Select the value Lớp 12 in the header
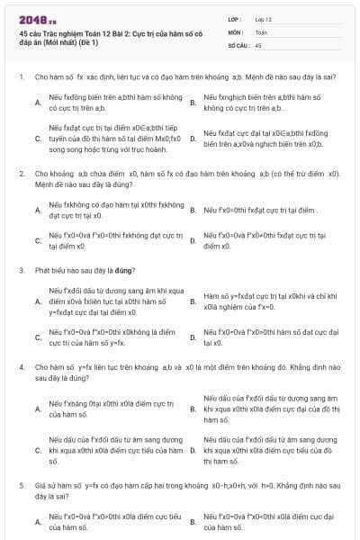pyautogui.click(x=263, y=18)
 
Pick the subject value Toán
pyautogui.click(x=261, y=31)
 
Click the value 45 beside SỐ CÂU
pyautogui.click(x=258, y=43)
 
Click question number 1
pyautogui.click(x=21, y=77)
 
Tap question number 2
pyautogui.click(x=21, y=172)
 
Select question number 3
pyautogui.click(x=21, y=268)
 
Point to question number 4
pyautogui.click(x=21, y=367)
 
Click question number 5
pyautogui.click(x=21, y=484)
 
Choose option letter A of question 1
pyautogui.click(x=38, y=102)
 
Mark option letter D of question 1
pyautogui.click(x=193, y=139)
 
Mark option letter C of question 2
pyautogui.click(x=38, y=239)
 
